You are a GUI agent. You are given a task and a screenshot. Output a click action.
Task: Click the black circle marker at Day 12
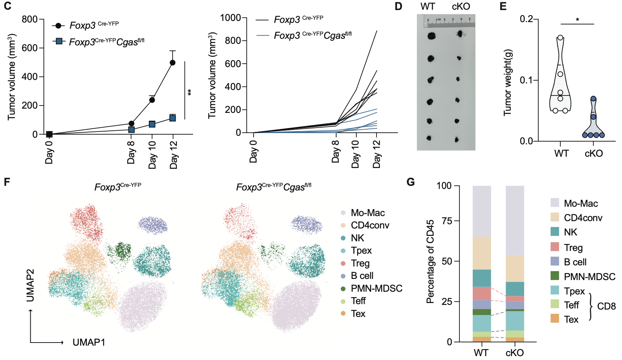coord(173,62)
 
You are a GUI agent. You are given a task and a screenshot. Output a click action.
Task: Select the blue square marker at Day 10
coord(152,124)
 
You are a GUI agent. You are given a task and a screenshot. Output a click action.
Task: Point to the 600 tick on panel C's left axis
coord(30,48)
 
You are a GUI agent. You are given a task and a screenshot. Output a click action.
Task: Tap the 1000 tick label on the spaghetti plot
coord(230,18)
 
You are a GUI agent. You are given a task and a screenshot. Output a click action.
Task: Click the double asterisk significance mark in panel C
coord(190,92)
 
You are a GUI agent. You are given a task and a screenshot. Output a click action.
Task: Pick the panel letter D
coord(398,7)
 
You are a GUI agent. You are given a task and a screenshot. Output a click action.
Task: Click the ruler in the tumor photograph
coord(449,22)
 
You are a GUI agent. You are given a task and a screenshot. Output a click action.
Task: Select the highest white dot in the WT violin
coord(560,38)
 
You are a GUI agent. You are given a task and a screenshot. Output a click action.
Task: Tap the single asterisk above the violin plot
coord(577,19)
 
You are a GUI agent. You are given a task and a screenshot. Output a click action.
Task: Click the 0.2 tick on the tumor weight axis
coord(526,19)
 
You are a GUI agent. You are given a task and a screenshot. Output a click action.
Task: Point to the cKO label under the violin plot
coord(594,154)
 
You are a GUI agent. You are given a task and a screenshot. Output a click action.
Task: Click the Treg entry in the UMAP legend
coord(360,263)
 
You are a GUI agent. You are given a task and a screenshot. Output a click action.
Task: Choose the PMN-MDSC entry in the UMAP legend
coord(376,289)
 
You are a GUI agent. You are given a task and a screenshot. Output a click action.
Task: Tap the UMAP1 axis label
coord(89,342)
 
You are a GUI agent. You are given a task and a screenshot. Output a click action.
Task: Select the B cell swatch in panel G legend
coord(555,261)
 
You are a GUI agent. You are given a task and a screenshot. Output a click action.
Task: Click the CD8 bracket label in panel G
coord(606,306)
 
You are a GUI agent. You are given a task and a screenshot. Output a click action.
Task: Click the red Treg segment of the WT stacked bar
coord(482,293)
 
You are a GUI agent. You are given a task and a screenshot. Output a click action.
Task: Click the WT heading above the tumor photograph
coord(428,7)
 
